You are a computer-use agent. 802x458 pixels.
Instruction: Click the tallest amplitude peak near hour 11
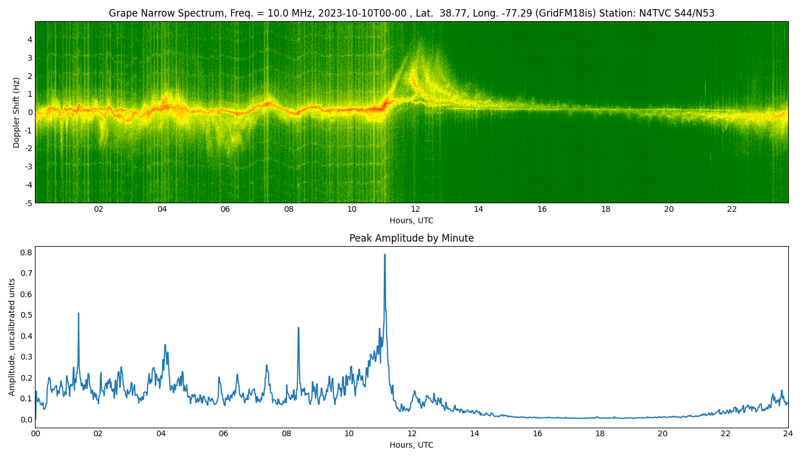tap(384, 255)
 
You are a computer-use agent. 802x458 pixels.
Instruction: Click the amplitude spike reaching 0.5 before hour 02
tap(78, 314)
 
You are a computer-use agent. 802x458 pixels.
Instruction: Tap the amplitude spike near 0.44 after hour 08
tap(298, 327)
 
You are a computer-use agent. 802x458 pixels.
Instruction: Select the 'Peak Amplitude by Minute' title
tap(411, 238)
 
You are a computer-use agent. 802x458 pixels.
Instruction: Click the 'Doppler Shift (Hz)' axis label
tap(16, 112)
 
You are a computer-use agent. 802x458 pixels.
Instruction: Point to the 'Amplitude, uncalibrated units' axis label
tap(12, 337)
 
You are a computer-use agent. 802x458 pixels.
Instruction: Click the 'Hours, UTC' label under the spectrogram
tap(411, 220)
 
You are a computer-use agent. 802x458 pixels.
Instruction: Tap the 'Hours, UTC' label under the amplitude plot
tap(411, 445)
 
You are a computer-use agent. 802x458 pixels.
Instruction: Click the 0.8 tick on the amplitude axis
tap(27, 252)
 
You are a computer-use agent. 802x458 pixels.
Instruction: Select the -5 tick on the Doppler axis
tap(29, 203)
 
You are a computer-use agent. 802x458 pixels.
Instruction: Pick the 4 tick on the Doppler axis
tap(30, 40)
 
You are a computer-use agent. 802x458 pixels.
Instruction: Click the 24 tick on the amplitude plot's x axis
tap(788, 434)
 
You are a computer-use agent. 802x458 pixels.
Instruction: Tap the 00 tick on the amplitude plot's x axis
tap(35, 434)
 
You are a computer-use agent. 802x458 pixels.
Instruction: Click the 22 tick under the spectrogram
tap(732, 209)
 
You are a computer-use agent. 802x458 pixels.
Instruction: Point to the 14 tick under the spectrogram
tap(478, 209)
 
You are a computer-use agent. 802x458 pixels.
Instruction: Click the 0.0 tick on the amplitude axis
tap(27, 420)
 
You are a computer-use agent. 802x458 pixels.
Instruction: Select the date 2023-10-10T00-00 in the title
tap(362, 13)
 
